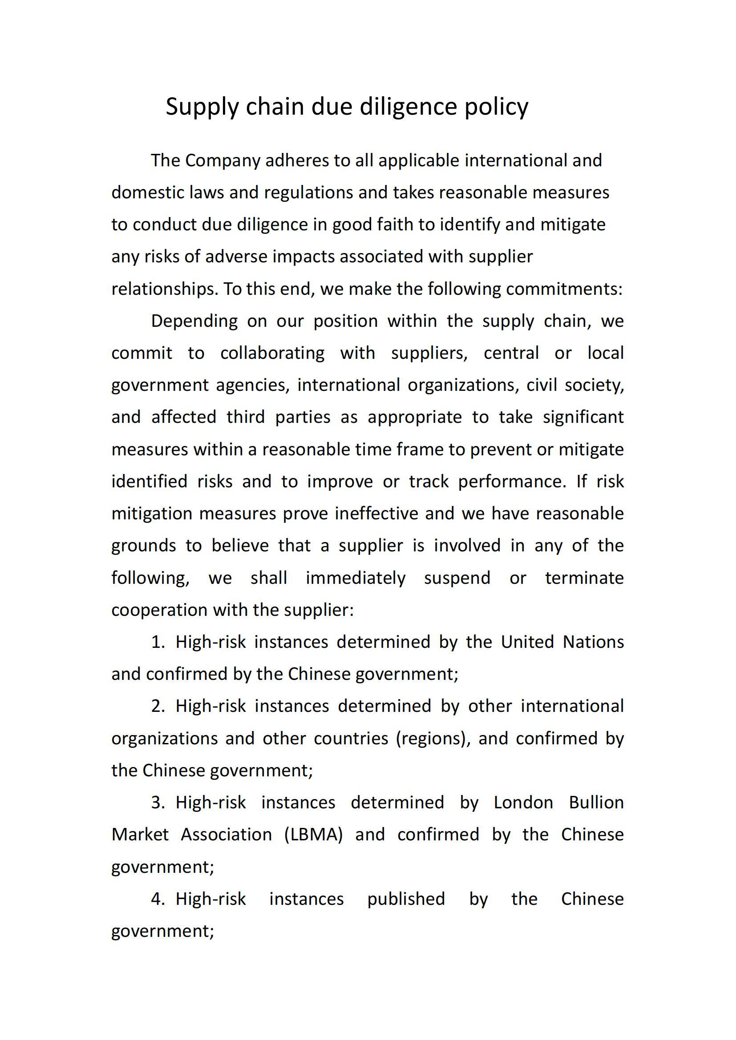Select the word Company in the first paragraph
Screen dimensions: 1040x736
(222, 161)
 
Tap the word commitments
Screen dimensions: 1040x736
(564, 289)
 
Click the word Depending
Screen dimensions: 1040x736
(194, 321)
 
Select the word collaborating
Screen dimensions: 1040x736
(272, 353)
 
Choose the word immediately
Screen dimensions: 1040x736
(355, 578)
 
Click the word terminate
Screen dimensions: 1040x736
(584, 578)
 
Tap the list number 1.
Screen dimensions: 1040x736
(157, 642)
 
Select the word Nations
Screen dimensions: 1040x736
(593, 642)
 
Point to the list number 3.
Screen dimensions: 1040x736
(157, 803)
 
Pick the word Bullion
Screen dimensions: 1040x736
(596, 803)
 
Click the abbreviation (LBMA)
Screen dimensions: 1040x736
(313, 835)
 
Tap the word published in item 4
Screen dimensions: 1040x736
(406, 899)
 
